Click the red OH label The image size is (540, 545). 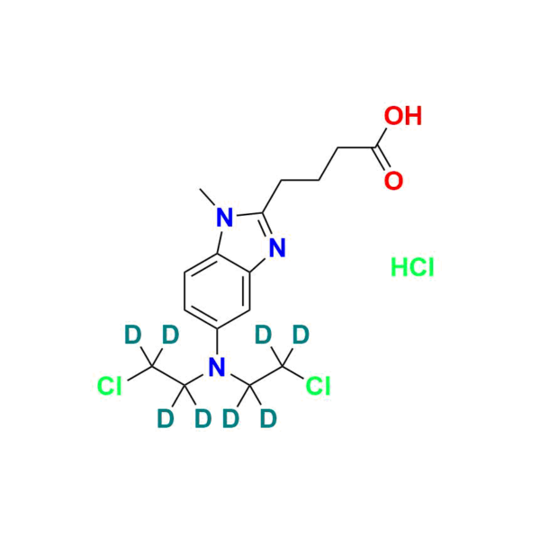pyautogui.click(x=402, y=117)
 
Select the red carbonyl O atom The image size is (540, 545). pyautogui.click(x=392, y=179)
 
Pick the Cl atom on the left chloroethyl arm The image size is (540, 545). pyautogui.click(x=110, y=387)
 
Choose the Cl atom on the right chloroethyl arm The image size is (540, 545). pyautogui.click(x=319, y=387)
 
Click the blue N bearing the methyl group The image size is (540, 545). pyautogui.click(x=222, y=215)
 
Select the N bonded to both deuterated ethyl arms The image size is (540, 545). pyautogui.click(x=214, y=366)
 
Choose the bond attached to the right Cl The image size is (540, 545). pyautogui.click(x=294, y=379)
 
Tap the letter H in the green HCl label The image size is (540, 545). pyautogui.click(x=399, y=267)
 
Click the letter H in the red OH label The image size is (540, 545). pyautogui.click(x=412, y=117)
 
